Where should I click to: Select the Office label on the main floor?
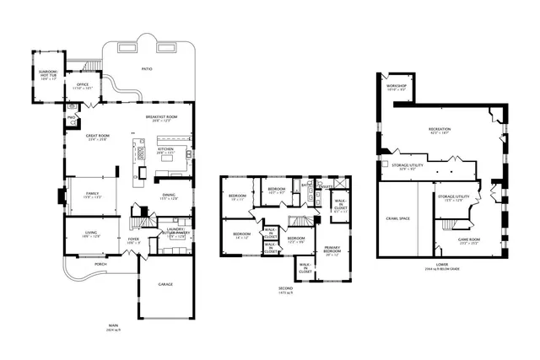click(x=83, y=86)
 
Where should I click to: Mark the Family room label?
click(x=91, y=195)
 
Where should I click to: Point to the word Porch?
click(x=100, y=264)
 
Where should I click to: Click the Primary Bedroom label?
click(x=332, y=250)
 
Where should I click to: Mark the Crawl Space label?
click(x=398, y=218)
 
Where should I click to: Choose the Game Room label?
click(x=468, y=240)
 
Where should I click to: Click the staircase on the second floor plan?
click(x=301, y=221)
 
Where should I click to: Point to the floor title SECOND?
click(x=286, y=287)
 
